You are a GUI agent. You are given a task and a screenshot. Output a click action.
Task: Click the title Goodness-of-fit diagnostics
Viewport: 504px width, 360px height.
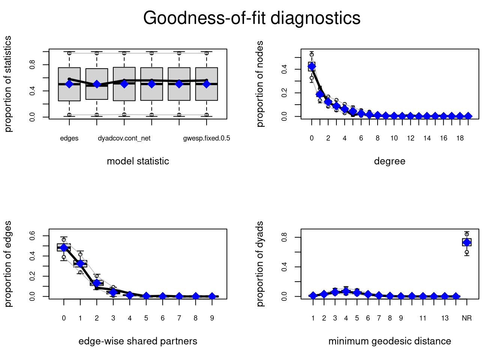point(252,18)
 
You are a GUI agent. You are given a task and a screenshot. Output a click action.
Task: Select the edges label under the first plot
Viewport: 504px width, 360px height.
point(69,138)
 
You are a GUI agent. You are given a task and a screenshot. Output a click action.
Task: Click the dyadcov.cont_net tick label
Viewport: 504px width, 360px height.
point(124,138)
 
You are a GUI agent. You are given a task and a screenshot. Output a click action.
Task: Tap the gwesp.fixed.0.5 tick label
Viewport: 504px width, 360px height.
point(207,138)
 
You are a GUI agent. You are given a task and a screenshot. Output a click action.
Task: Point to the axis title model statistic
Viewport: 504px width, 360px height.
point(138,161)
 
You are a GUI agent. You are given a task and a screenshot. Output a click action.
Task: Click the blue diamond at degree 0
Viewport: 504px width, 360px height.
point(312,67)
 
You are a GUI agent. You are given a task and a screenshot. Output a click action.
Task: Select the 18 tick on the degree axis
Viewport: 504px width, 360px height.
point(460,138)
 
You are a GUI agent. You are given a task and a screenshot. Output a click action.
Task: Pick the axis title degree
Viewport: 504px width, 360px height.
point(390,161)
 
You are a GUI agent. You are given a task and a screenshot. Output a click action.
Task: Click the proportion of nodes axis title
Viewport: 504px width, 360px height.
point(260,84)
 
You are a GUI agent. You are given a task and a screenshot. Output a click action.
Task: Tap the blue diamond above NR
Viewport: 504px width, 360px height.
point(467,242)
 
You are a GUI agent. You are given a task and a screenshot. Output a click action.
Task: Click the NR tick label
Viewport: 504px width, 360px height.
point(467,318)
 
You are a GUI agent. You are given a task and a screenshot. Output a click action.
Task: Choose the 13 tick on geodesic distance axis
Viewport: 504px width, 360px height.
point(445,318)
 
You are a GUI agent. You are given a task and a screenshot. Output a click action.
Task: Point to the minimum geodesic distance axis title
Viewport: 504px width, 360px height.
point(390,341)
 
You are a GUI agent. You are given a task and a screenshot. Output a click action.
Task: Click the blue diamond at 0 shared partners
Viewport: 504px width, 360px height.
point(64,247)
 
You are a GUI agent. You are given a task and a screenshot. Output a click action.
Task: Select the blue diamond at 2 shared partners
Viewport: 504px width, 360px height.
point(97,283)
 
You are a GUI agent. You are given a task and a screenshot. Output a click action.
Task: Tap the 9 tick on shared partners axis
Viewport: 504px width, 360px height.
point(212,318)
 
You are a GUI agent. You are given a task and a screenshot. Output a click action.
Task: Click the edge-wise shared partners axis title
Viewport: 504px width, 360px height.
point(138,341)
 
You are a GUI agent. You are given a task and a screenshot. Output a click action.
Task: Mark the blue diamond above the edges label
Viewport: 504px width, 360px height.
point(69,84)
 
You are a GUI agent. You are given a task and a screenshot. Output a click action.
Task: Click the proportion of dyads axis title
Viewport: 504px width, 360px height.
point(260,264)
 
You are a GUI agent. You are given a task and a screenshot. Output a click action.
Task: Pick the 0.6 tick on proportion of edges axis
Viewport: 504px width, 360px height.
point(33,236)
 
